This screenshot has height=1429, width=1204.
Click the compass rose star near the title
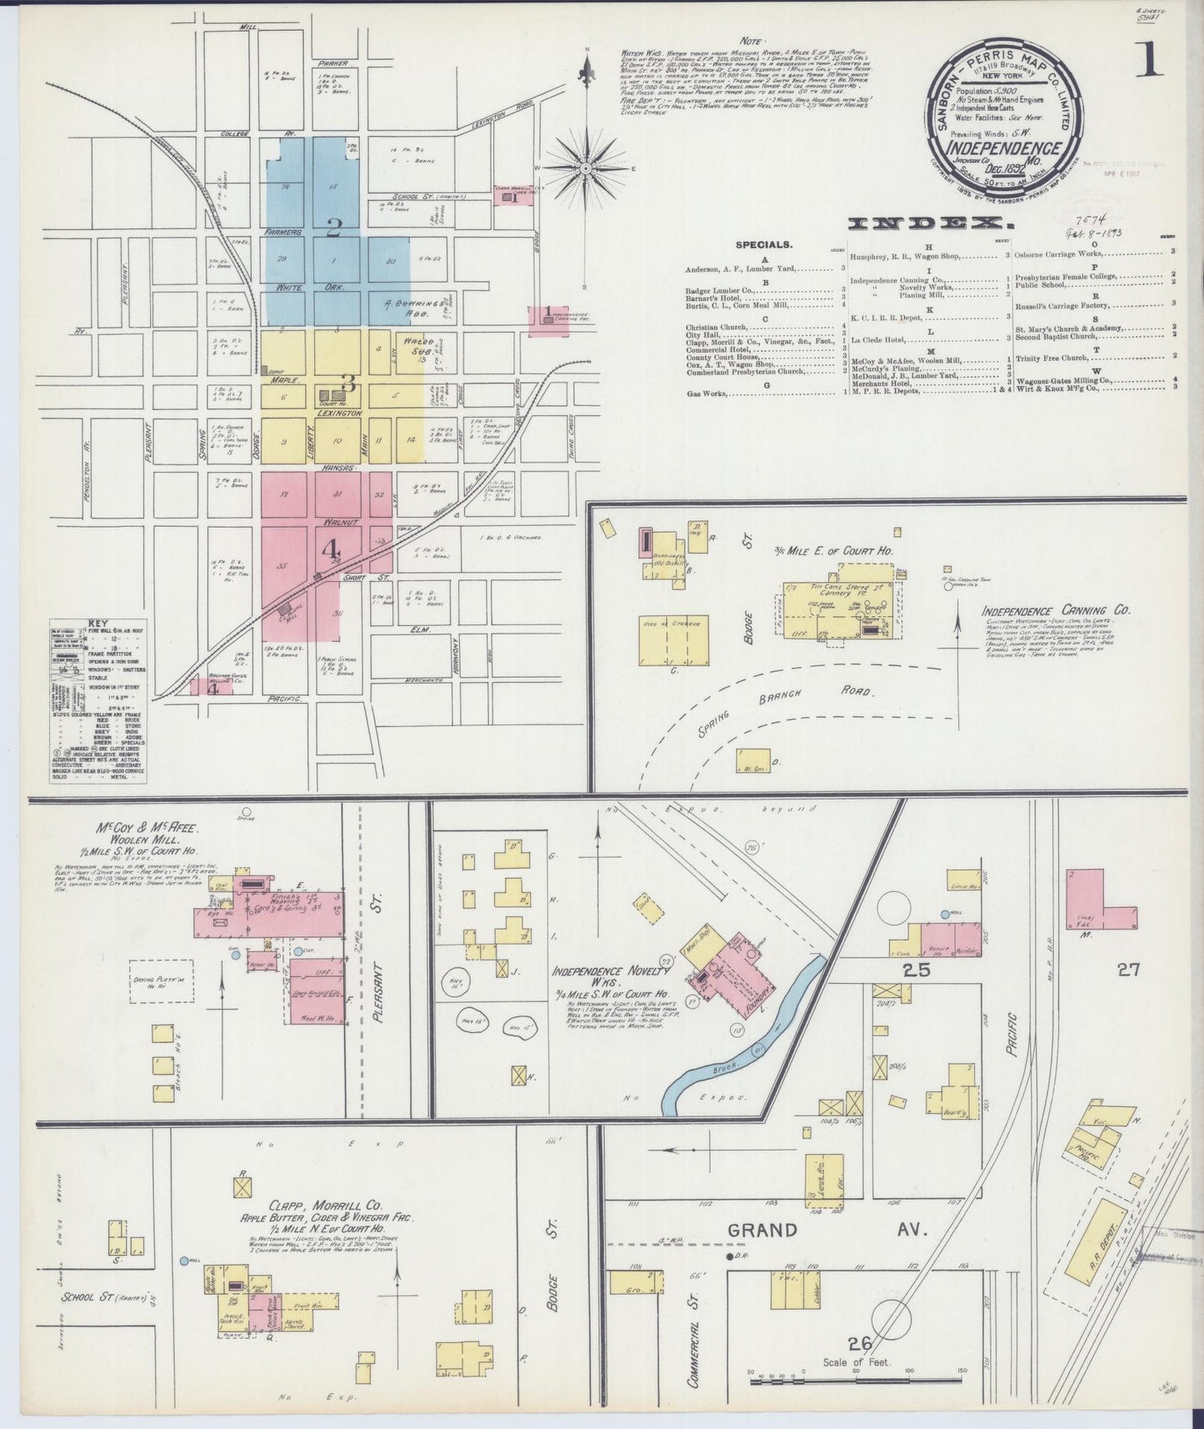pyautogui.click(x=586, y=168)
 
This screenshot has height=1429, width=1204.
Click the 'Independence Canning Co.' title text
pyautogui.click(x=1055, y=610)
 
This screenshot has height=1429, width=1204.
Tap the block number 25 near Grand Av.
pyautogui.click(x=917, y=970)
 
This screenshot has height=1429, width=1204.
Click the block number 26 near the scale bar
pyautogui.click(x=859, y=1342)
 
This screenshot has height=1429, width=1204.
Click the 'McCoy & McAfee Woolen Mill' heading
pyautogui.click(x=147, y=836)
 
